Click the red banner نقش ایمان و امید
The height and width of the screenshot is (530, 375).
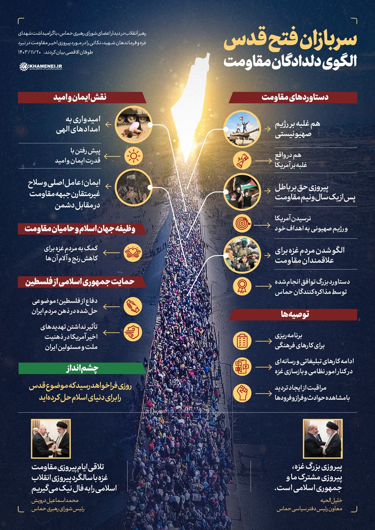click(81, 97)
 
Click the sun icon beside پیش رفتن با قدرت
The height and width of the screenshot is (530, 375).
click(133, 156)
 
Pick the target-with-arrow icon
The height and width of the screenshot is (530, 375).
click(242, 224)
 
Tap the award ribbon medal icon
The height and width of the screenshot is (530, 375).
click(242, 286)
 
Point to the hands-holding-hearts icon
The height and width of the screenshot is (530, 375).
click(133, 252)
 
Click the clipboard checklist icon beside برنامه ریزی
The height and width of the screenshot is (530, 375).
click(242, 340)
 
